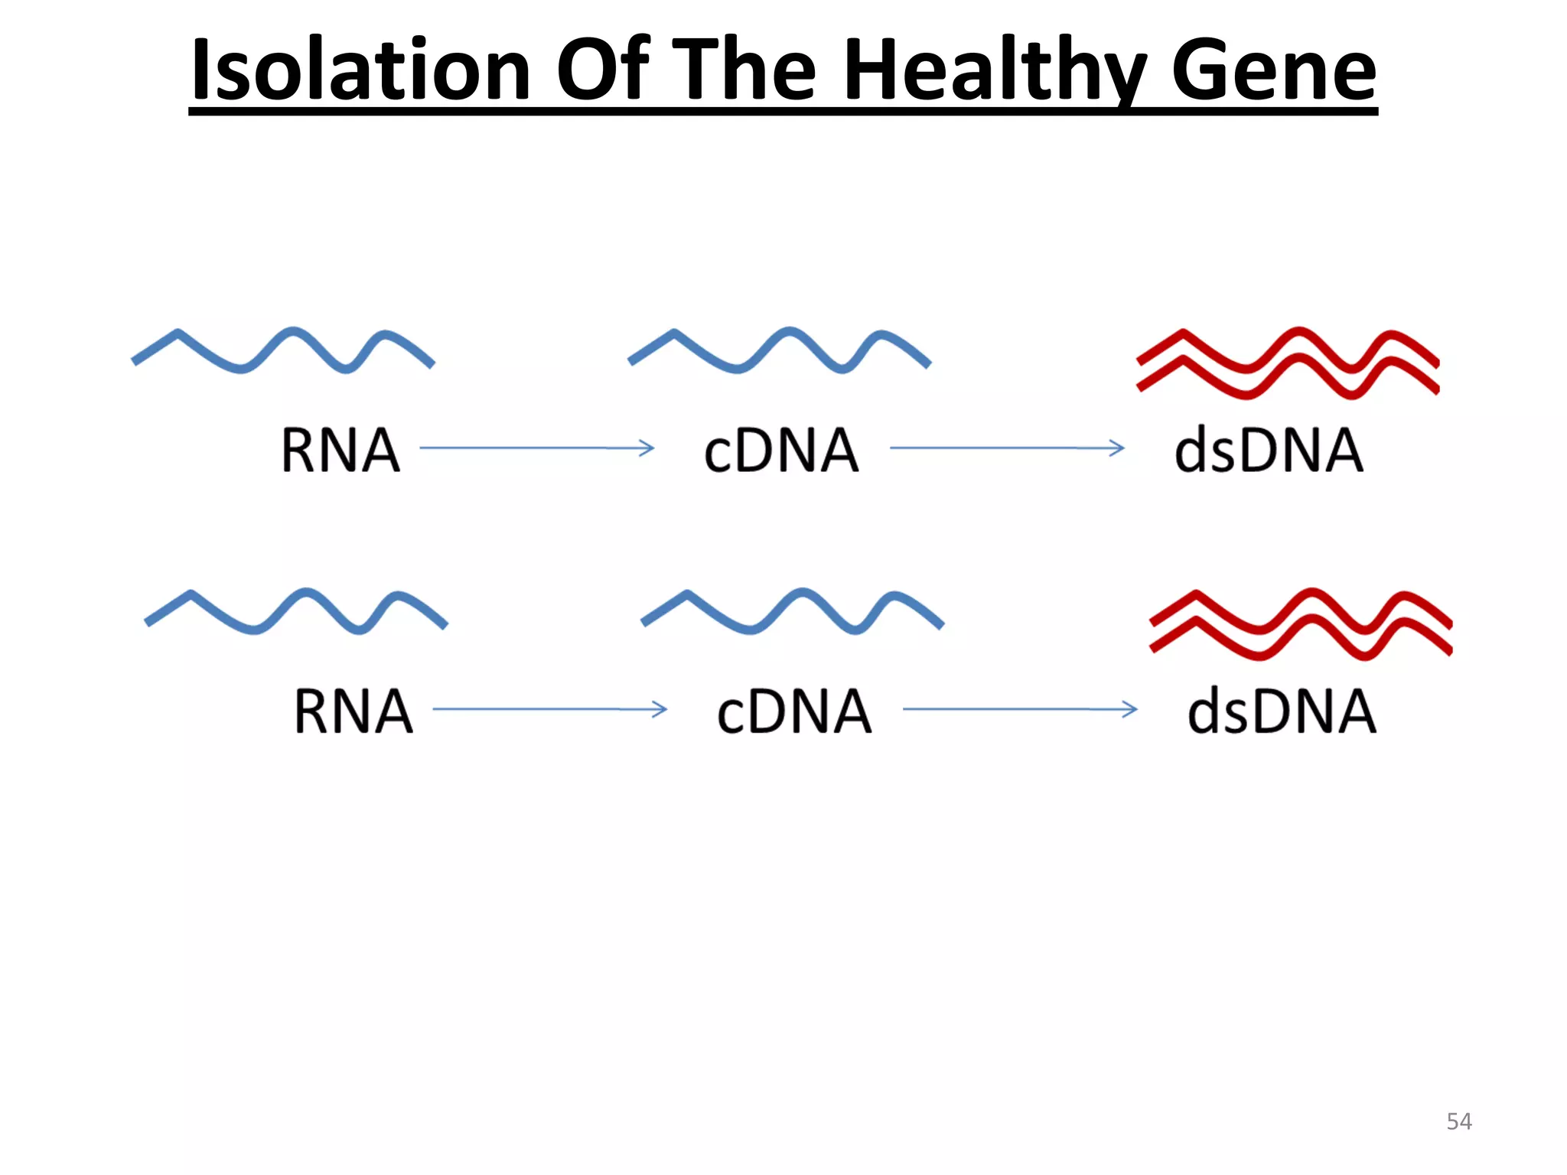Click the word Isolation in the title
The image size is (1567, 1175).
point(360,70)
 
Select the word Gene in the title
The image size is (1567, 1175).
point(1273,70)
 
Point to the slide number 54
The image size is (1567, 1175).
point(1458,1121)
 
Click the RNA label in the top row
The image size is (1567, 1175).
point(340,451)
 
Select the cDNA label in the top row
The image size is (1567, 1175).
point(781,451)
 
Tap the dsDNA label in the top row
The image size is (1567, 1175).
point(1269,451)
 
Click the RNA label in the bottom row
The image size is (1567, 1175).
point(353,711)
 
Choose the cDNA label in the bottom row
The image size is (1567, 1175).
point(794,711)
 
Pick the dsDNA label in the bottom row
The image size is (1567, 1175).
point(1282,711)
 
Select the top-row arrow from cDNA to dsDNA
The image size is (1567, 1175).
point(1007,448)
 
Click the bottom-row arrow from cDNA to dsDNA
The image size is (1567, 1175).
point(1020,709)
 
